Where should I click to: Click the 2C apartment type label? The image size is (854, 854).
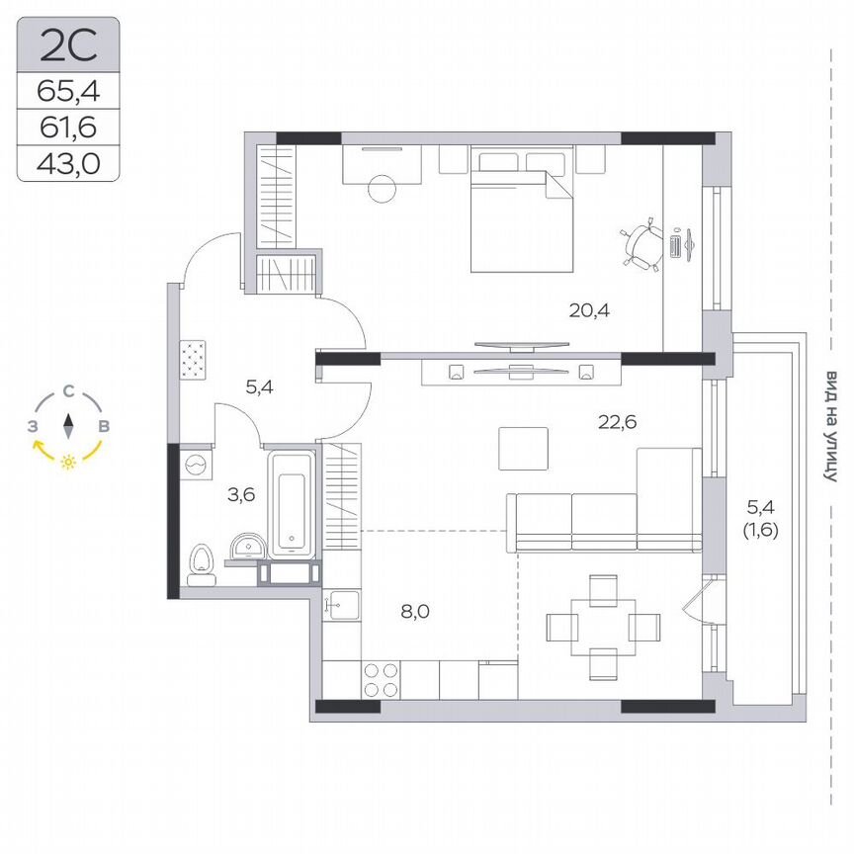[68, 44]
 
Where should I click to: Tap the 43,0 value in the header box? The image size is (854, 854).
[68, 162]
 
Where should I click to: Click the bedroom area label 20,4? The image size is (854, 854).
[589, 309]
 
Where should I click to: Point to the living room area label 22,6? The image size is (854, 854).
[617, 422]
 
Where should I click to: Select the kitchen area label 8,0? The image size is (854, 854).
[415, 611]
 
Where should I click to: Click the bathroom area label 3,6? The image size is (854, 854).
[241, 495]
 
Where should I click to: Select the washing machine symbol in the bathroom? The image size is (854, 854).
[194, 463]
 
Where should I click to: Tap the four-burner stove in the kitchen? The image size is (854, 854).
[383, 680]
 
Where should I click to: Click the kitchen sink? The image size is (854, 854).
[342, 604]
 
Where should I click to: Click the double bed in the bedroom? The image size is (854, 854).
[521, 212]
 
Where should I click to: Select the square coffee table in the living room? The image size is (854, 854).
[523, 449]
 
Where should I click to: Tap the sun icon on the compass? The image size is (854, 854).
[68, 462]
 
